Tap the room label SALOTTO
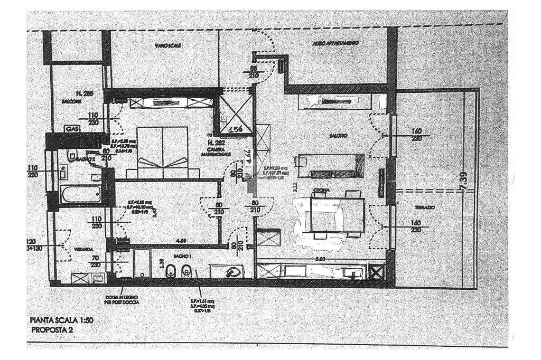click(x=340, y=136)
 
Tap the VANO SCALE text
click(x=168, y=46)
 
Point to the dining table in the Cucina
click(x=338, y=214)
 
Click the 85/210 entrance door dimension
click(x=253, y=72)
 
